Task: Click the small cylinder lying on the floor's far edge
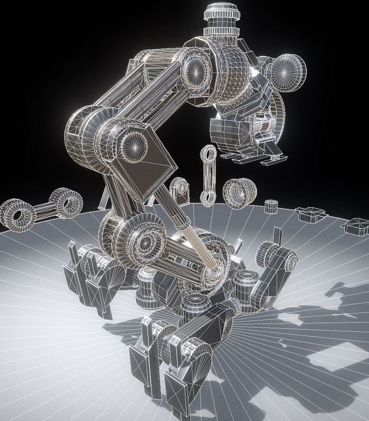271,206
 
